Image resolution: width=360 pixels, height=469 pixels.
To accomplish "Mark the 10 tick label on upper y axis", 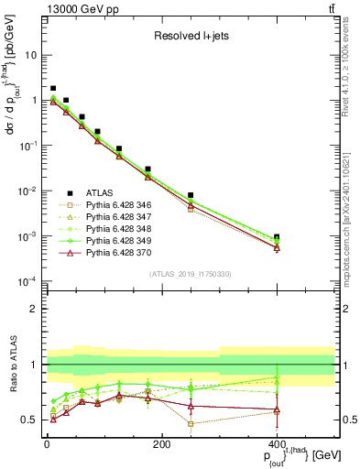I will coord(31,55).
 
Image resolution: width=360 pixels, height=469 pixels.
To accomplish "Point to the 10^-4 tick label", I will coord(27,281).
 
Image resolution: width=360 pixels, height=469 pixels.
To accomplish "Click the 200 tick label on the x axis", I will coord(161,444).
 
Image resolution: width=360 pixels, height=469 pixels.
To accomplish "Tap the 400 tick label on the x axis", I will coord(277,444).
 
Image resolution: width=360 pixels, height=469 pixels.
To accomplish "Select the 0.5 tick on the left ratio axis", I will coord(29,420).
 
